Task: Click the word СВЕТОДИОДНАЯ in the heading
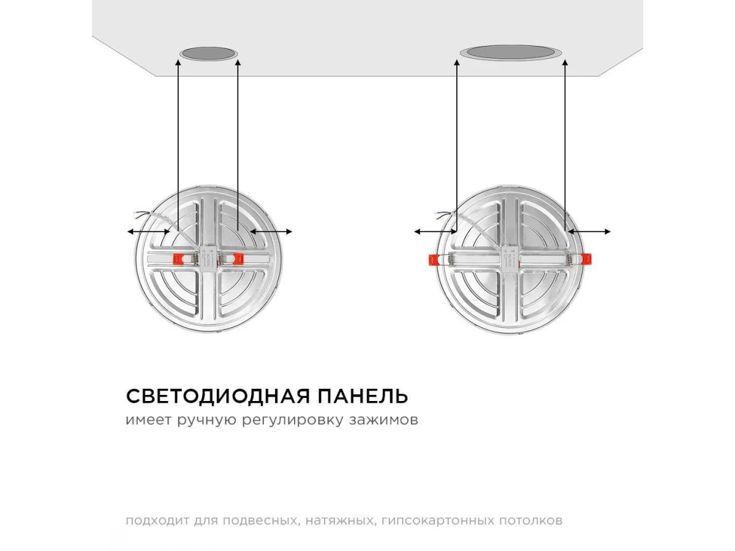218,397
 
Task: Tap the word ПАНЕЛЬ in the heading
363,397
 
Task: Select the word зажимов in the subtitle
383,420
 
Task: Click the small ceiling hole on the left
208,54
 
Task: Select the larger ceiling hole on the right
511,53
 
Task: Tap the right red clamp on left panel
238,258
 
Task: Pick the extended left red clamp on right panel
434,260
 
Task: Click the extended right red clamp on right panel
587,259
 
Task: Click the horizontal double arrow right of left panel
271,231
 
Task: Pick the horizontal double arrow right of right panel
589,231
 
